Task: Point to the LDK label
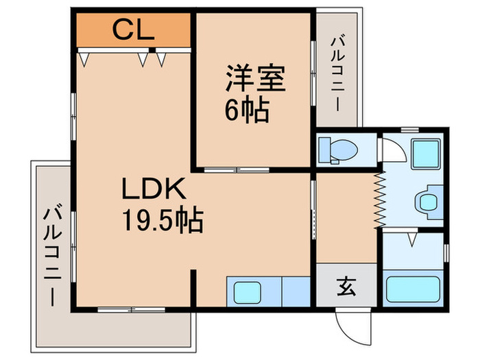tap(153, 189)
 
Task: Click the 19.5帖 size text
tap(162, 220)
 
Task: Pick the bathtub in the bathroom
tap(413, 291)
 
